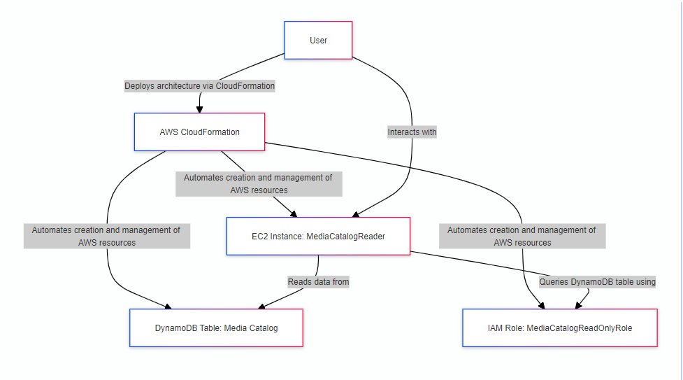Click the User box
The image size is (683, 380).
(318, 40)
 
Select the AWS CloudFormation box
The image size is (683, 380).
(199, 132)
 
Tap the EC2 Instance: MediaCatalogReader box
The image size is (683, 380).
(318, 237)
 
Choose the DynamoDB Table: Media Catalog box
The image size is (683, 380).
(216, 328)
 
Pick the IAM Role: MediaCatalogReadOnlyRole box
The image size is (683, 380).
(559, 328)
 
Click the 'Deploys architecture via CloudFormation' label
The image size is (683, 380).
(199, 86)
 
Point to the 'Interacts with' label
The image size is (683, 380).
(412, 132)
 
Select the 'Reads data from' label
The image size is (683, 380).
(318, 281)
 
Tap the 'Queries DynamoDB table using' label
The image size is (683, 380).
(597, 281)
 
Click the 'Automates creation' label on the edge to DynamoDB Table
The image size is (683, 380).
(106, 236)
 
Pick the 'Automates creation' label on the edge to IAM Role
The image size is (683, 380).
(522, 236)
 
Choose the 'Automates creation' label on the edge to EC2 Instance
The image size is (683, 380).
(258, 183)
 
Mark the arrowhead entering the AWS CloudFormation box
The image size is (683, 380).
(199, 109)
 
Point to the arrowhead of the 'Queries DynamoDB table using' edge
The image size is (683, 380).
(577, 306)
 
